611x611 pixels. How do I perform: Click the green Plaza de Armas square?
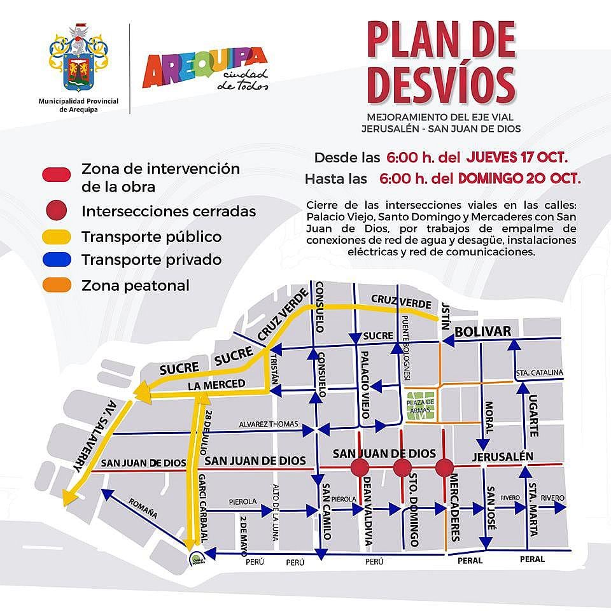pos(420,407)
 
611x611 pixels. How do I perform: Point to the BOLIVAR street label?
pos(483,332)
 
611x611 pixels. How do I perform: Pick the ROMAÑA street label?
pos(143,507)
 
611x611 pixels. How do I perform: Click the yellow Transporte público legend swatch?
pos(58,237)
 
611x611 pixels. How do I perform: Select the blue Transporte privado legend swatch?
pos(58,260)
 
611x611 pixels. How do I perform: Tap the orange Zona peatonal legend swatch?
pos(58,286)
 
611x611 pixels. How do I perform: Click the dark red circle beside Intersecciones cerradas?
pos(58,211)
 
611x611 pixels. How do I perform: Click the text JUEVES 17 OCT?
pos(517,157)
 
